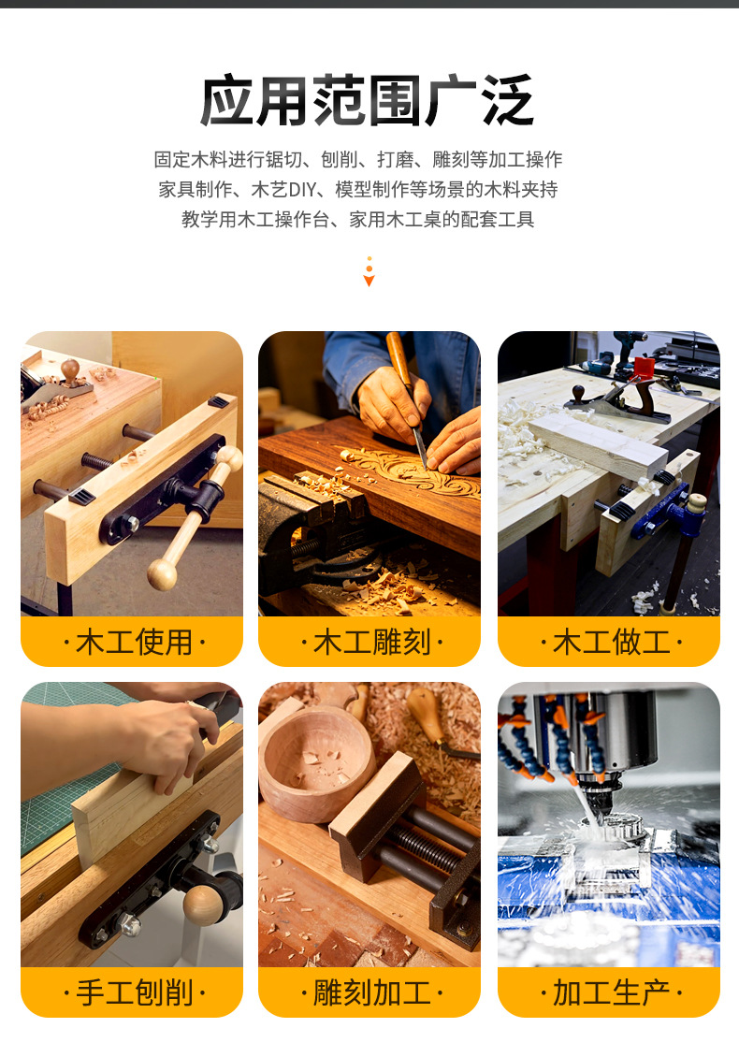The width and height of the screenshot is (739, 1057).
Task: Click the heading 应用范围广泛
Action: pos(368,101)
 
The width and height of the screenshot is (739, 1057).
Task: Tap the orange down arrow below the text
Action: pos(369,271)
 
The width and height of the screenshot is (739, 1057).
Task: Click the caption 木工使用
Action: pos(134,642)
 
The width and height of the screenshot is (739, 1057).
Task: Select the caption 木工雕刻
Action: pos(371,642)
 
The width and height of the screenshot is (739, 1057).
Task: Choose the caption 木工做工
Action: pos(611,642)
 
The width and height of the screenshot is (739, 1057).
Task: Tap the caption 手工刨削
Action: pos(134,993)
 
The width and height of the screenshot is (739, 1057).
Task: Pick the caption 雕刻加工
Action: pos(371,993)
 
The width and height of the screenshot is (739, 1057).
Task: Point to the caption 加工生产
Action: pos(611,993)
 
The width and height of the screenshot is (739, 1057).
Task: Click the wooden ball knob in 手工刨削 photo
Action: pos(202,904)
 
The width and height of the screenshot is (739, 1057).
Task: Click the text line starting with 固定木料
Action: pos(358,160)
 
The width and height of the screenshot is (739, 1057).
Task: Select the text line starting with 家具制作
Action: pos(358,190)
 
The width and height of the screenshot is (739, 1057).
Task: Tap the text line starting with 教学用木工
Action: pos(358,219)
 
